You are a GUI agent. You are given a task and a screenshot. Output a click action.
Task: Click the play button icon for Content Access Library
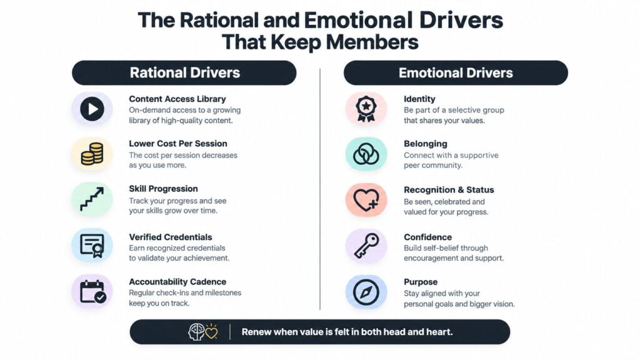[x=92, y=109]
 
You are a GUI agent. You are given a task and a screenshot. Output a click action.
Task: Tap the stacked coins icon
[x=92, y=154]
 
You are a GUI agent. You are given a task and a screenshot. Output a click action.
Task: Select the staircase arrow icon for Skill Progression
[x=92, y=199]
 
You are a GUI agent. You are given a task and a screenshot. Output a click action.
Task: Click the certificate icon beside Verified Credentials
[x=92, y=246]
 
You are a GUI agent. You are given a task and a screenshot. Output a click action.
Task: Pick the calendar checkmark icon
[x=93, y=292]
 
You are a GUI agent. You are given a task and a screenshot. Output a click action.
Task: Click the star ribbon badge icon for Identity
[x=366, y=109]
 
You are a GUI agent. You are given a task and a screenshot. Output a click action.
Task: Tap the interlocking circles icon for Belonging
[x=366, y=154]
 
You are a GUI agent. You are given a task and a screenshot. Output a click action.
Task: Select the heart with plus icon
[x=366, y=200]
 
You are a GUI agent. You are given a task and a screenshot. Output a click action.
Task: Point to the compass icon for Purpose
[x=366, y=292]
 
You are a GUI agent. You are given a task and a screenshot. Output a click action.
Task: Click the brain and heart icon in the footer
[x=203, y=332]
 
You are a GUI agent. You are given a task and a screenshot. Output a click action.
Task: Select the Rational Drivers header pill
[x=184, y=72]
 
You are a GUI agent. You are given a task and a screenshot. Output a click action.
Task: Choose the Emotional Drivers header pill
[x=456, y=72]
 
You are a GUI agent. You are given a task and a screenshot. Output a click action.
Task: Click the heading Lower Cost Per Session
[x=178, y=144]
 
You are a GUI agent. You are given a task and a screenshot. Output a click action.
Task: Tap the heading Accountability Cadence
[x=177, y=282]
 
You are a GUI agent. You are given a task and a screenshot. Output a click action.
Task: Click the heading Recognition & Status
[x=449, y=190]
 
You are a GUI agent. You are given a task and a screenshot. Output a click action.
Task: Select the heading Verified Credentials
[x=171, y=237]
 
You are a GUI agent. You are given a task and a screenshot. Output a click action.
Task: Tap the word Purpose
[x=421, y=282]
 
